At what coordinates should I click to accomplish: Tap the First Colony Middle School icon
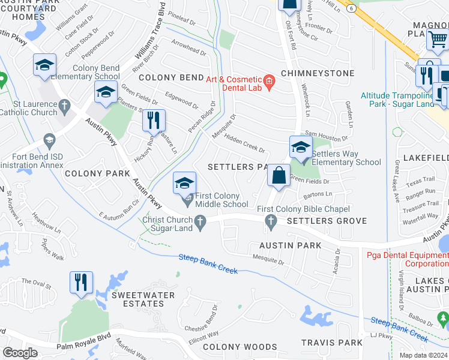tap(185, 183)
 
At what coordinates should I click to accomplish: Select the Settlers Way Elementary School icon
tap(301, 147)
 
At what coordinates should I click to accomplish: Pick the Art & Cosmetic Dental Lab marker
tap(270, 80)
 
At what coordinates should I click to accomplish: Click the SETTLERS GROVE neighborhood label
tap(327, 221)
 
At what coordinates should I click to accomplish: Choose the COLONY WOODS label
tap(240, 347)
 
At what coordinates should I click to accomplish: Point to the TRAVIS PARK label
tap(332, 343)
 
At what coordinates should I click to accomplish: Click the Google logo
tap(20, 353)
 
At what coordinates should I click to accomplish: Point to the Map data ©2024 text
tap(423, 355)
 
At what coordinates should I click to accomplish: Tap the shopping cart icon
tap(436, 40)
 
